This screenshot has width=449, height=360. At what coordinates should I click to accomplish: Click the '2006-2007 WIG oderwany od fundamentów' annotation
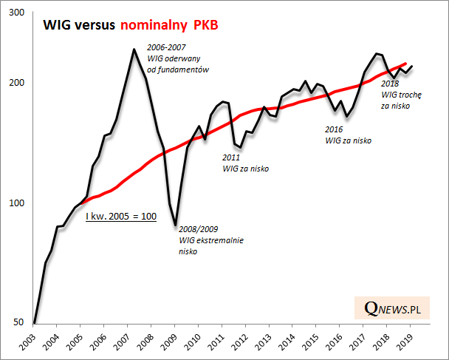[179, 58]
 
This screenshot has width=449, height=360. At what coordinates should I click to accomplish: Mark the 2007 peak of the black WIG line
[133, 50]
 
